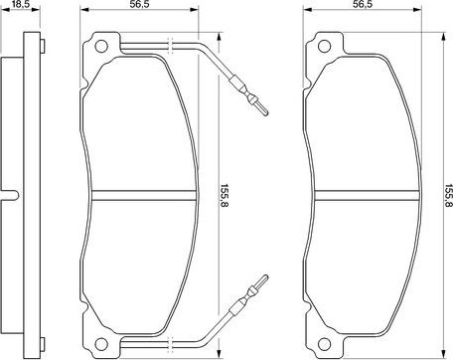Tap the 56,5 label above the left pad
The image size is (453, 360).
point(139,6)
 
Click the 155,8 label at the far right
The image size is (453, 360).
point(447,191)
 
